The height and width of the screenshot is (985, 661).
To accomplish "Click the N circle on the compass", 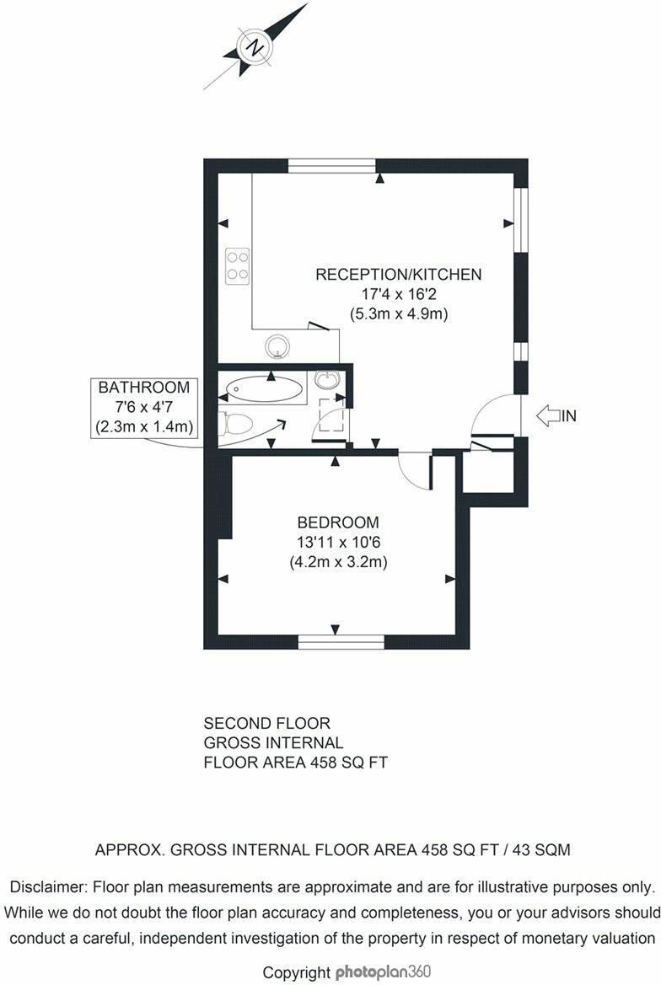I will click(x=253, y=48).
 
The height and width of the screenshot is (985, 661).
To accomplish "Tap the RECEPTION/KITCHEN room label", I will click(x=398, y=274).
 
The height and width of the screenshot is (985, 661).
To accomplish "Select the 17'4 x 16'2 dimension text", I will click(x=398, y=294).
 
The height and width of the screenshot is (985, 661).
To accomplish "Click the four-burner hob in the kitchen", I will click(x=237, y=265).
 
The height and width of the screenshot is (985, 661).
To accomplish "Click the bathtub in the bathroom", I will click(x=264, y=389).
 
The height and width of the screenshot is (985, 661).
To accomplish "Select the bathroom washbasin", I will click(x=326, y=380).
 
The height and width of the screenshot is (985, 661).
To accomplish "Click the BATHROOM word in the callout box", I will click(x=144, y=388).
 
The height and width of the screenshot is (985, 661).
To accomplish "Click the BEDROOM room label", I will click(x=336, y=522).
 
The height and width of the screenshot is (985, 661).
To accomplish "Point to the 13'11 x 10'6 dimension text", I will click(x=336, y=542).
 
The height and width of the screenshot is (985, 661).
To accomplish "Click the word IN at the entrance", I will click(x=570, y=415).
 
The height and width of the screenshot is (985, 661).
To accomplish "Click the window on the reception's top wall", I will click(x=331, y=165).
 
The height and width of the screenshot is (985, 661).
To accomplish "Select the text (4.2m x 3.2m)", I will click(x=336, y=562).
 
